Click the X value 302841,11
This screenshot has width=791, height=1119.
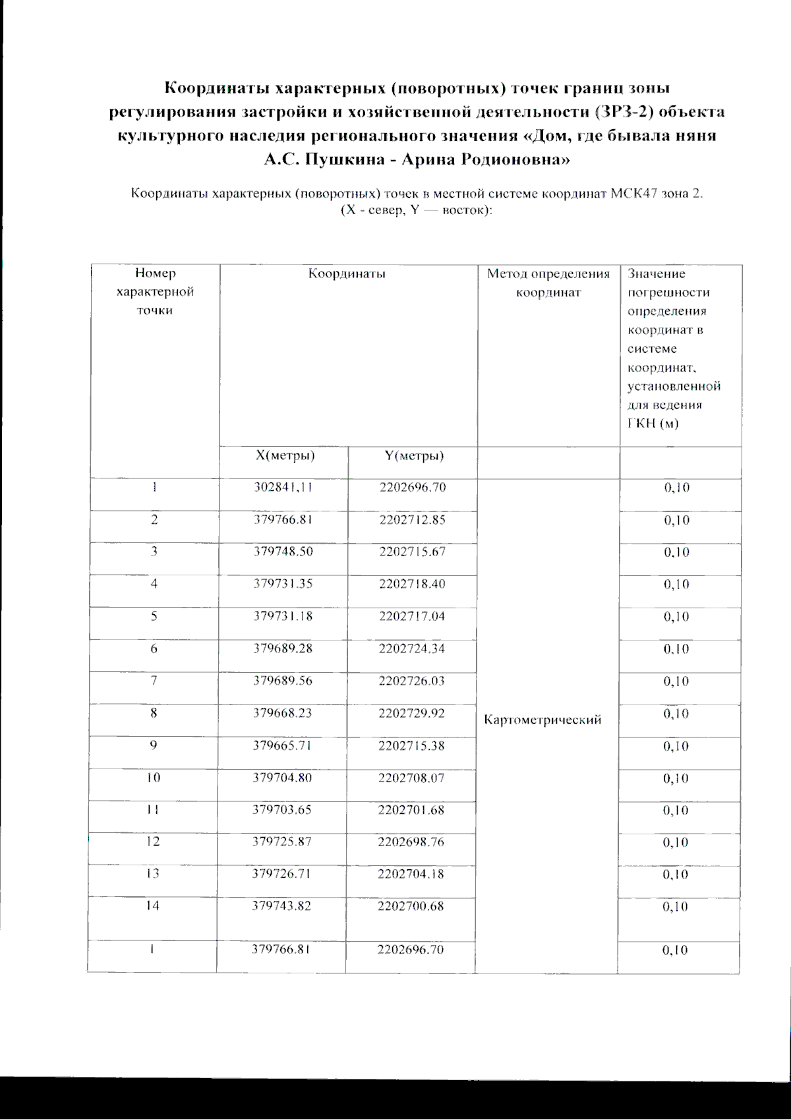click(x=282, y=488)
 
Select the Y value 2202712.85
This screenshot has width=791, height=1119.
click(x=413, y=519)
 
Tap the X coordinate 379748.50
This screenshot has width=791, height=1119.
click(x=283, y=552)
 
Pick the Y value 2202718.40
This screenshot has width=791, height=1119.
click(x=413, y=584)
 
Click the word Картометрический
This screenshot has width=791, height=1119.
click(x=542, y=720)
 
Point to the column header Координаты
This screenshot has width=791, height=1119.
click(x=347, y=273)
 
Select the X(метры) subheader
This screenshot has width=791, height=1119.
click(x=285, y=456)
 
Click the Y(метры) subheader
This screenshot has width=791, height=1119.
click(x=414, y=456)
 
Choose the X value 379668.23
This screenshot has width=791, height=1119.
click(x=283, y=713)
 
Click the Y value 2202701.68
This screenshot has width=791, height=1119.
click(x=412, y=810)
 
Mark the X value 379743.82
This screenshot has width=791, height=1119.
click(x=282, y=906)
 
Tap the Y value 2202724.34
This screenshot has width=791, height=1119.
click(x=412, y=648)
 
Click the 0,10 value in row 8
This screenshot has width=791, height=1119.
click(x=676, y=714)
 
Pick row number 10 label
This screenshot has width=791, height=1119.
click(x=153, y=778)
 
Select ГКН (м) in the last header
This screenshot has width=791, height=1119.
click(x=653, y=424)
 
